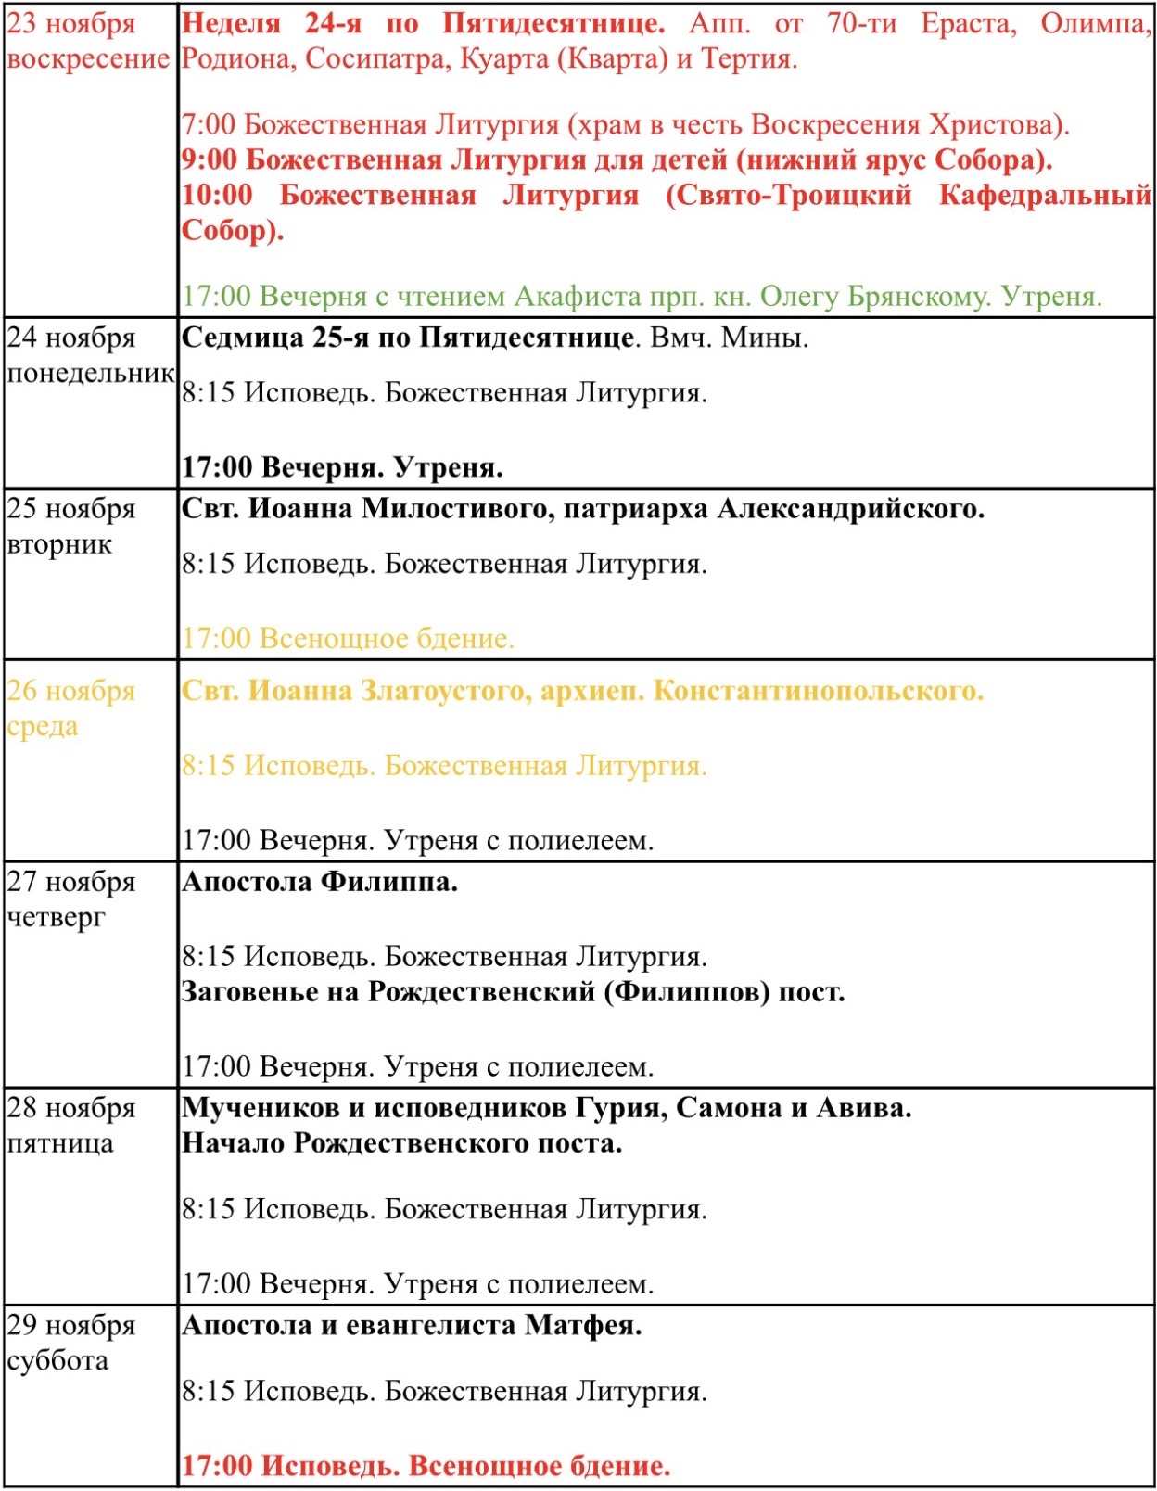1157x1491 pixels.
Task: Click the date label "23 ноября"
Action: tap(71, 23)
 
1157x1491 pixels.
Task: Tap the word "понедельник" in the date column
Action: tap(90, 373)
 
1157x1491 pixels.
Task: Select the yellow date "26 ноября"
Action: tap(71, 691)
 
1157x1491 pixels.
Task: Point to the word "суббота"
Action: tap(57, 1360)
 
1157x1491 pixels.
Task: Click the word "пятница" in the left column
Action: tap(60, 1143)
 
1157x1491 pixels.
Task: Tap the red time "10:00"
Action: tap(217, 195)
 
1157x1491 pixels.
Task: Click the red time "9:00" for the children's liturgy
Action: tap(209, 159)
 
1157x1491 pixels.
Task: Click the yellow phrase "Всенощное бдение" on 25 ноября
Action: tap(385, 639)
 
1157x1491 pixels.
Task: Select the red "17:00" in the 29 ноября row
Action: tap(217, 1466)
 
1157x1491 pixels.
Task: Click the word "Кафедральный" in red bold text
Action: tap(1044, 195)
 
